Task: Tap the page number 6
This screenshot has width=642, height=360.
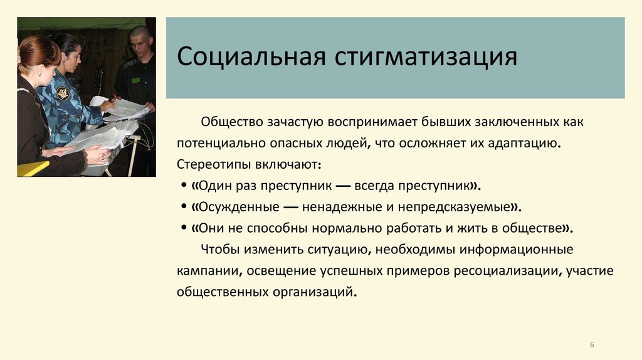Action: tap(592, 344)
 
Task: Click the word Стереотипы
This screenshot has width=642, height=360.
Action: tap(214, 164)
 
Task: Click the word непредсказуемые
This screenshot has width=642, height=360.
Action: tap(463, 207)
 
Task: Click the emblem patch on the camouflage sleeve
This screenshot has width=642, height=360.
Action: tap(63, 93)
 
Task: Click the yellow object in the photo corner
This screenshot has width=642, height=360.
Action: tap(31, 169)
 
